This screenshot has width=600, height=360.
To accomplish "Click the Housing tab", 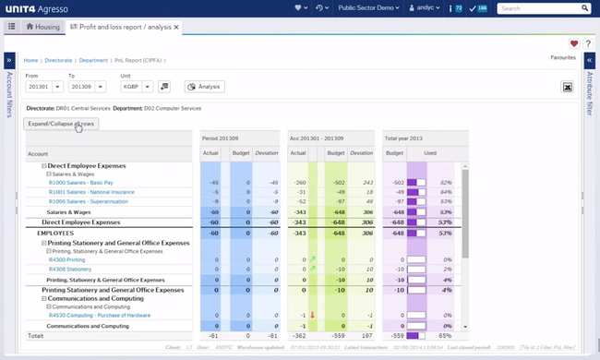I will click(42, 27).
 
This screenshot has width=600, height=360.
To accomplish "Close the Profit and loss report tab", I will click(176, 27).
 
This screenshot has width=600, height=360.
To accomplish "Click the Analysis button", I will click(205, 87).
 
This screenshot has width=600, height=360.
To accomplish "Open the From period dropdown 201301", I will click(57, 87).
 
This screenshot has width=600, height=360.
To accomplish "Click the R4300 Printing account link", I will click(69, 260).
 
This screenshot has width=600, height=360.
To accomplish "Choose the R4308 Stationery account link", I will click(71, 270).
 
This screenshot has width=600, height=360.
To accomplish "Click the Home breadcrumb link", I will click(30, 60).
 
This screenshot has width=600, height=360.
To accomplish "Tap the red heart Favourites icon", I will click(573, 43).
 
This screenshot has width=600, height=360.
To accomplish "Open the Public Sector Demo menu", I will click(368, 8).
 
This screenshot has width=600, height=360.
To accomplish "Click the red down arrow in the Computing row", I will click(312, 316).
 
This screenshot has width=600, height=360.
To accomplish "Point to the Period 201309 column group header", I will click(220, 138).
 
